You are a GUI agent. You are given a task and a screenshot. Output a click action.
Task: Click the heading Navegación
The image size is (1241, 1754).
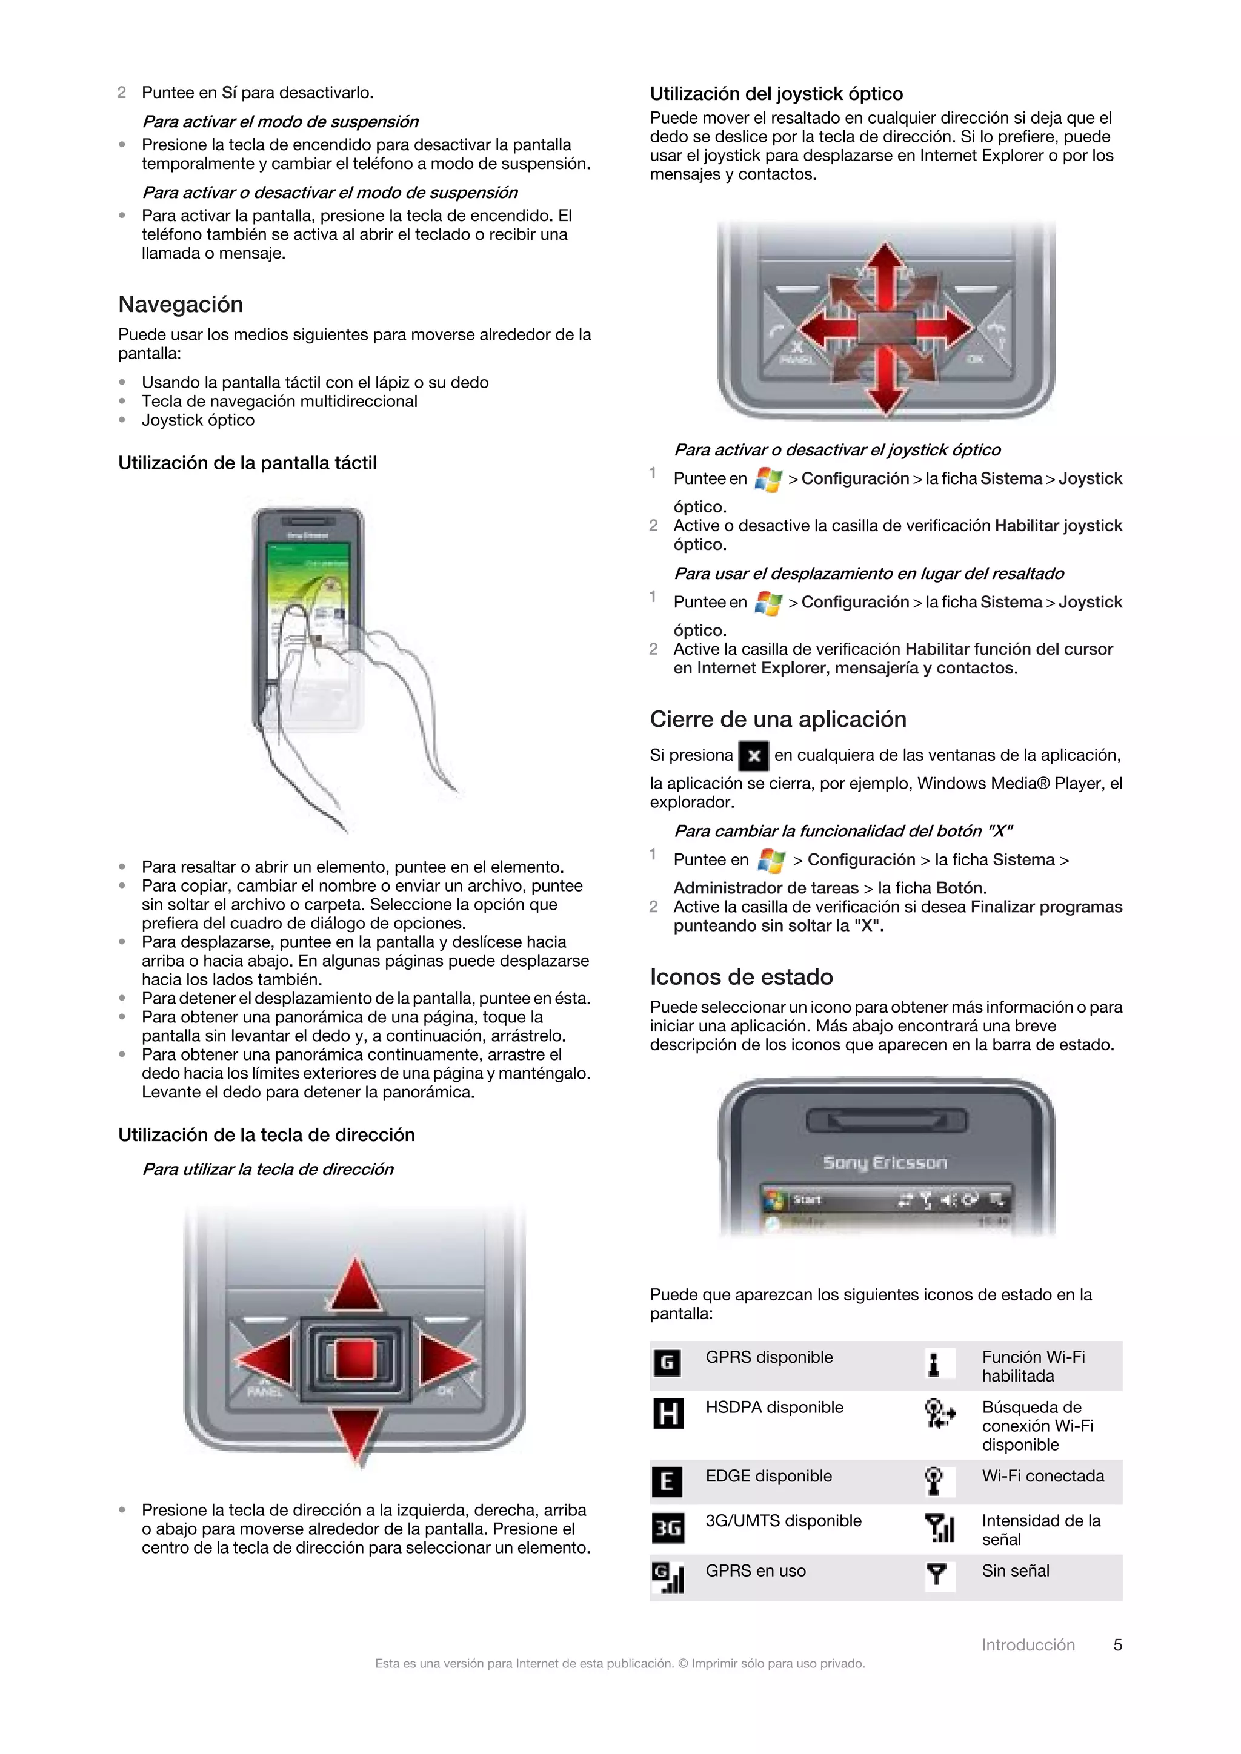click(x=181, y=304)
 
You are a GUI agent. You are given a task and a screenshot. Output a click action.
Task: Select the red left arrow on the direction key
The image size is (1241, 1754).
click(x=264, y=1360)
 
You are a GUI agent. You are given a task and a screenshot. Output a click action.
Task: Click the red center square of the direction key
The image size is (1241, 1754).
click(x=354, y=1360)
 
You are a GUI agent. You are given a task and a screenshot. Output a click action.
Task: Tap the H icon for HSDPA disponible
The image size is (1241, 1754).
click(x=668, y=1413)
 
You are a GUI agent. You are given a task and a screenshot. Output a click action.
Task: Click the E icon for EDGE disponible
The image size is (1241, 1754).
click(x=667, y=1482)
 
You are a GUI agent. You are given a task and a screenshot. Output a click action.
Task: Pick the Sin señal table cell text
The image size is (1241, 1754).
click(x=1016, y=1570)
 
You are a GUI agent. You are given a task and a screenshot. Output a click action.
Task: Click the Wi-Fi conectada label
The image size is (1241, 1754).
click(x=1043, y=1476)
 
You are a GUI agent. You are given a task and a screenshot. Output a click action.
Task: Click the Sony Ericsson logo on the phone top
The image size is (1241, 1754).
click(x=885, y=1163)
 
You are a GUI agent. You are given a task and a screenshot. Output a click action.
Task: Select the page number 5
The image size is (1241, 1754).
click(x=1117, y=1645)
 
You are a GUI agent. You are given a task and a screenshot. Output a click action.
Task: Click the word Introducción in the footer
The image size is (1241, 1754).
click(x=1028, y=1645)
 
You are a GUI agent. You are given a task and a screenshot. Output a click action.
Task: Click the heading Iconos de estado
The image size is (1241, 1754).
click(x=741, y=976)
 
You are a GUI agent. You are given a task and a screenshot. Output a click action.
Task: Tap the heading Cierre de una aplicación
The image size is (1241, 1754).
click(x=778, y=719)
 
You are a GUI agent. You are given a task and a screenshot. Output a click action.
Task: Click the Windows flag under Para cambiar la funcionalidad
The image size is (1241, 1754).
click(x=771, y=861)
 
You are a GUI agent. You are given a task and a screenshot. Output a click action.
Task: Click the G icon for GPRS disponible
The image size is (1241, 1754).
click(x=667, y=1363)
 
